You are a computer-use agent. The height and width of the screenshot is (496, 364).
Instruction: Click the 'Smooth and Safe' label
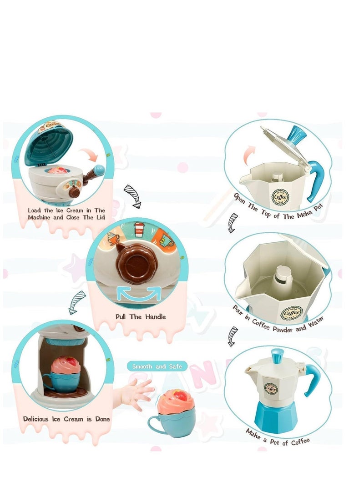click(157, 366)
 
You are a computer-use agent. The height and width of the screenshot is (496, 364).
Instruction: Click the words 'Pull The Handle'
click(140, 316)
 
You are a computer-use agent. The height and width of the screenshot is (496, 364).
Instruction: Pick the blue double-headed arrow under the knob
click(139, 294)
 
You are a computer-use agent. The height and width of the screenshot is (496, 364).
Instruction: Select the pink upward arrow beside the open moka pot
click(248, 155)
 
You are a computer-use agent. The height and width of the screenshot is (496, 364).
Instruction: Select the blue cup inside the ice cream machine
click(63, 382)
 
